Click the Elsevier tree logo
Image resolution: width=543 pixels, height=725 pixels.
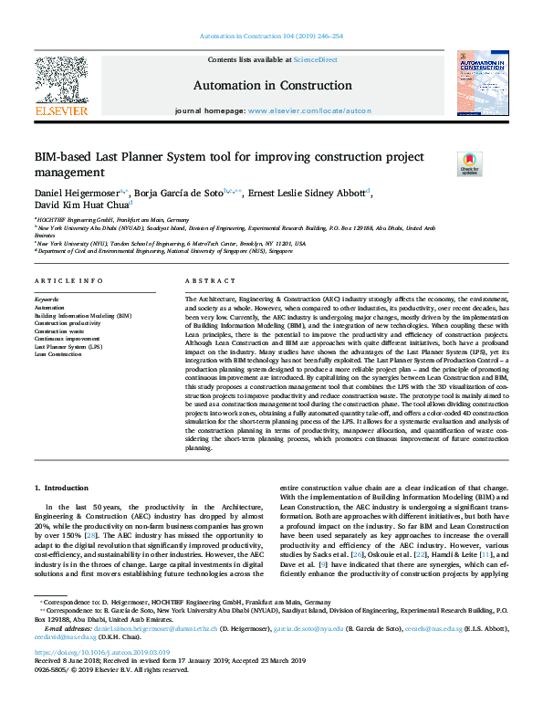tap(60, 83)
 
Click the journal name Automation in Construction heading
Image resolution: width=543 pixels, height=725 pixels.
tap(271, 85)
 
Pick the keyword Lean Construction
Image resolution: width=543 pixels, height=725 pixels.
tap(57, 353)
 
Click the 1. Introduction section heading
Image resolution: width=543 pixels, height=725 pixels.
tap(61, 489)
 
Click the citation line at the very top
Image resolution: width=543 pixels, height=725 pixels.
tap(271, 36)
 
